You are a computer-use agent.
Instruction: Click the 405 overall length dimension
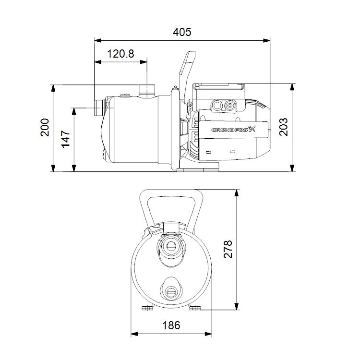pyautogui.click(x=182, y=32)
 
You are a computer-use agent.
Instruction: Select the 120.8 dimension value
pyautogui.click(x=120, y=54)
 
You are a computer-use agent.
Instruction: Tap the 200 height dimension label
pyautogui.click(x=45, y=128)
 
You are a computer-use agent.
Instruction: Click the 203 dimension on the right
pyautogui.click(x=284, y=127)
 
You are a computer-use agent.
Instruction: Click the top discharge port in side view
pyautogui.click(x=145, y=90)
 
